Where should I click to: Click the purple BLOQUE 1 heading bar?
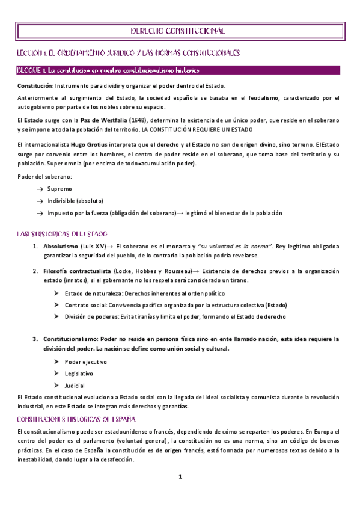coord(178,70)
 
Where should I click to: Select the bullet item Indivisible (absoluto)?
coord(75,200)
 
